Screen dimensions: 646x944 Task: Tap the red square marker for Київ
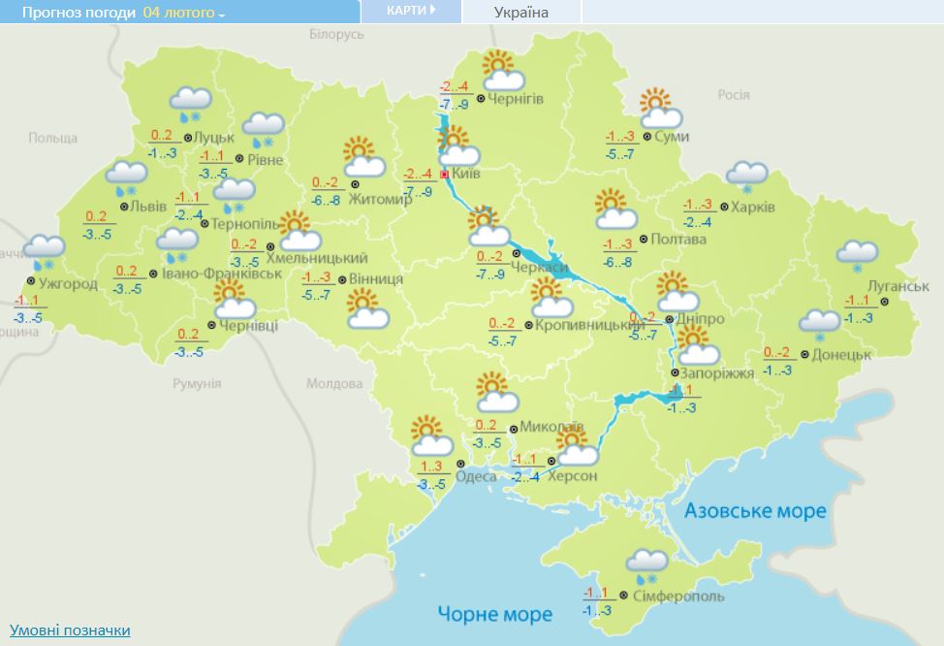pyautogui.click(x=445, y=175)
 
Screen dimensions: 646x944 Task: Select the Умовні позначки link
pyautogui.click(x=70, y=630)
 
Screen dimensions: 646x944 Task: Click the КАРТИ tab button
pyautogui.click(x=411, y=11)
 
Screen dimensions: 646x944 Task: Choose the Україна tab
pyautogui.click(x=520, y=13)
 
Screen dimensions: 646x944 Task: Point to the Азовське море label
pyautogui.click(x=755, y=510)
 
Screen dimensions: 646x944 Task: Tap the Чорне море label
pyautogui.click(x=494, y=614)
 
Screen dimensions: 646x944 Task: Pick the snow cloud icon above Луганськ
pyautogui.click(x=858, y=255)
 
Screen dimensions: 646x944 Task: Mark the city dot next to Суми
pyautogui.click(x=646, y=137)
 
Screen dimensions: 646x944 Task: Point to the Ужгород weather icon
pyautogui.click(x=43, y=251)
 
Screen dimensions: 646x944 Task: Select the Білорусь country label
pyautogui.click(x=336, y=34)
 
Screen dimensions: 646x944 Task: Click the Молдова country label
pyautogui.click(x=332, y=383)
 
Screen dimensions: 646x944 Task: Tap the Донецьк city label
pyautogui.click(x=841, y=354)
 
